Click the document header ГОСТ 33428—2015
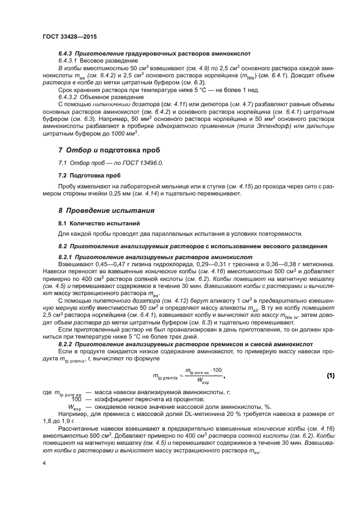pos(66,37)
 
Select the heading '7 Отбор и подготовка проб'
pos(109,150)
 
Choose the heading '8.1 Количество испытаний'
pos(92,223)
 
